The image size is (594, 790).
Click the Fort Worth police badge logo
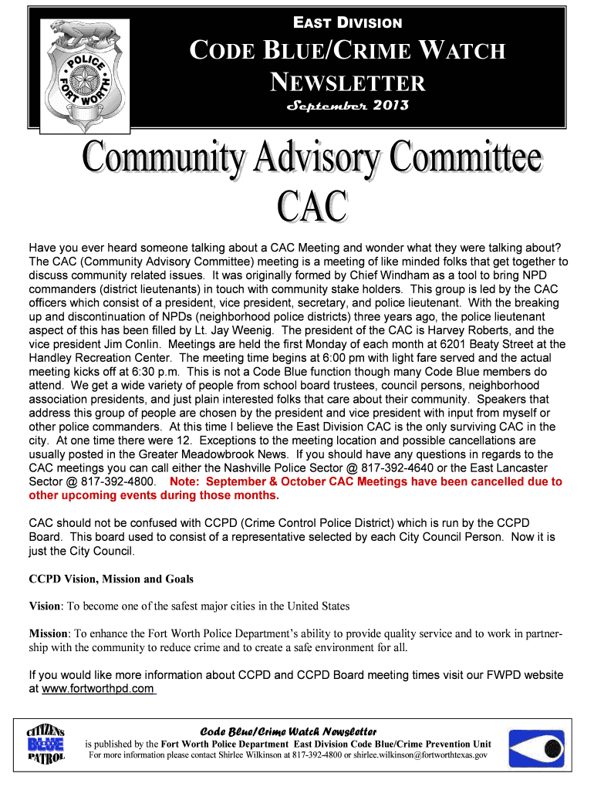coord(86,70)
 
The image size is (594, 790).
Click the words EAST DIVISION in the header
coord(346,24)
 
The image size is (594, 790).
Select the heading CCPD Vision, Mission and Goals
coord(111,579)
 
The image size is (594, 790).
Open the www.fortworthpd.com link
coord(98,689)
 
